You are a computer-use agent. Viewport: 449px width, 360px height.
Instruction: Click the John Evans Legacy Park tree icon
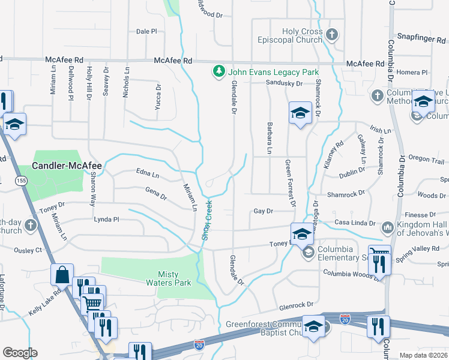click(x=219, y=72)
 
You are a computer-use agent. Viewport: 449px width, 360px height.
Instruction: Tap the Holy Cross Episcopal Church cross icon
click(x=332, y=35)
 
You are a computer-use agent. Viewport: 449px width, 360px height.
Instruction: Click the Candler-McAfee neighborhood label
click(x=67, y=165)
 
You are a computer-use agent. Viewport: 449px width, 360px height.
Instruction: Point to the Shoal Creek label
click(x=207, y=220)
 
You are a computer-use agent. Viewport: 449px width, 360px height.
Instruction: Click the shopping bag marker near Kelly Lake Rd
click(x=62, y=275)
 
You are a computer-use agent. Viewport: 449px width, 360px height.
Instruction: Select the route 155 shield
click(x=22, y=181)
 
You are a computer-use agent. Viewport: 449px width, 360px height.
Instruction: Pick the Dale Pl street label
click(x=146, y=31)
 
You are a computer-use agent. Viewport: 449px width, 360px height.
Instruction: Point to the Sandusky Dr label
click(x=284, y=83)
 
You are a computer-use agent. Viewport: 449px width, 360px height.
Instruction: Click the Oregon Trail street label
click(x=426, y=160)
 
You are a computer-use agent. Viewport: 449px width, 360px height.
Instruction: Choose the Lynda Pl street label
click(x=106, y=220)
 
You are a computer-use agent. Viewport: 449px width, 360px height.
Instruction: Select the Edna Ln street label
click(x=148, y=175)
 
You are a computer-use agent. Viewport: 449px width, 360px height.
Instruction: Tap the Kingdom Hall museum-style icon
click(x=387, y=228)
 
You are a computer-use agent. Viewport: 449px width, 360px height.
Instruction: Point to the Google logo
click(x=20, y=353)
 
